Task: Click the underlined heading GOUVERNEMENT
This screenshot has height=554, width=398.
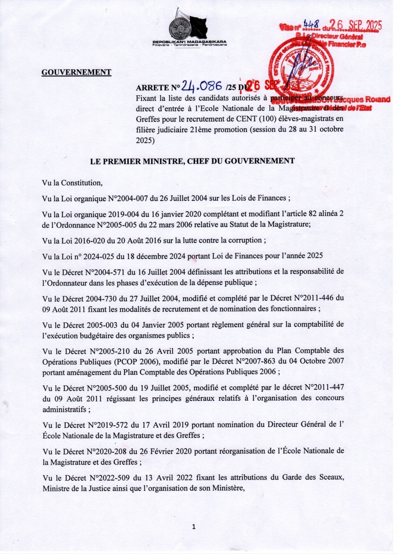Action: pos(76,72)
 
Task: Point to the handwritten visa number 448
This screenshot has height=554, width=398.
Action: pos(311,24)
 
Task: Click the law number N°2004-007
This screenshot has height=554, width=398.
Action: pos(128,198)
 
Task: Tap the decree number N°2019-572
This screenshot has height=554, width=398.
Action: pos(109,425)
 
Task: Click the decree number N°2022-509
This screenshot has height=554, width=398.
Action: pos(109,478)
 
